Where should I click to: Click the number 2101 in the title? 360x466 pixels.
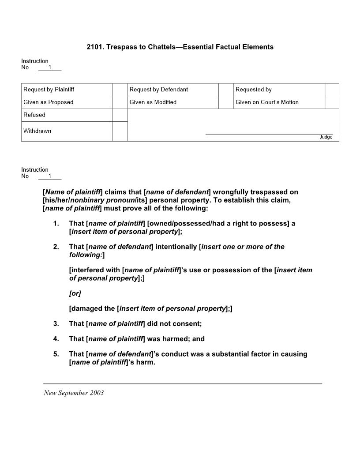coord(95,47)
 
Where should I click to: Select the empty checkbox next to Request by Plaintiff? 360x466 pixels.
coord(120,90)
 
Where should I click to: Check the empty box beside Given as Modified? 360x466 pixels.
coord(226,102)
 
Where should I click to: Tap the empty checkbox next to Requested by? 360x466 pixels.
coord(332,90)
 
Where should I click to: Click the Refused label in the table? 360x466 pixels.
coord(34,115)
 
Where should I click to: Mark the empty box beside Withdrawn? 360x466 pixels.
coord(120,131)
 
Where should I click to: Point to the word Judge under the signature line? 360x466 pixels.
coord(326,137)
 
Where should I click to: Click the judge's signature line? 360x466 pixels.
coord(269,133)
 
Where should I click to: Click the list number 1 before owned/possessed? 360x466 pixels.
coord(56,223)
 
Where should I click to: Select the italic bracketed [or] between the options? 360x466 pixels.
coord(75,293)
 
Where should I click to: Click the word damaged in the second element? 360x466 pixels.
coord(94,308)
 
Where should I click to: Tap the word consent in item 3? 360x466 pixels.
coord(187,323)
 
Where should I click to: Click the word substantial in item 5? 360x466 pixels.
coord(225,354)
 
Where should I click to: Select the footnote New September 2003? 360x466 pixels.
coord(74,393)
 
